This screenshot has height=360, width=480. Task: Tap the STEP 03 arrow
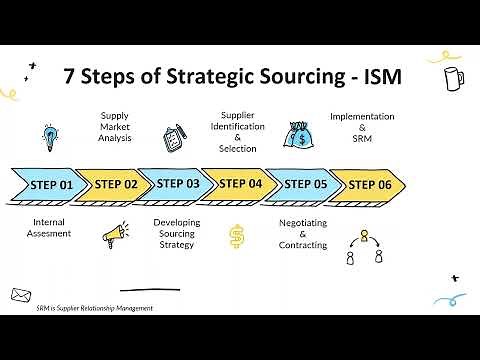[177, 184]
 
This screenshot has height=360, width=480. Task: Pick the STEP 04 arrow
[240, 184]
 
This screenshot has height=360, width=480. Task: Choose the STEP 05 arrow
[304, 184]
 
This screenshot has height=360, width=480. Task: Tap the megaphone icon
[114, 236]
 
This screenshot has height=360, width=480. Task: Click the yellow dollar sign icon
[237, 237]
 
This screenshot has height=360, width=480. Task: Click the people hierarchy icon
[364, 247]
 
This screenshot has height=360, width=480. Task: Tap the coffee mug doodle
[452, 77]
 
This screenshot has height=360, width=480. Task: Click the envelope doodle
[21, 294]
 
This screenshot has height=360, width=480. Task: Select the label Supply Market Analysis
[114, 128]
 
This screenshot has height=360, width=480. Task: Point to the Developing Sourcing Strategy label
[176, 233]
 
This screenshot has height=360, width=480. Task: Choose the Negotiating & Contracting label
[302, 233]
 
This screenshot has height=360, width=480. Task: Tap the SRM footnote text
[88, 308]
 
